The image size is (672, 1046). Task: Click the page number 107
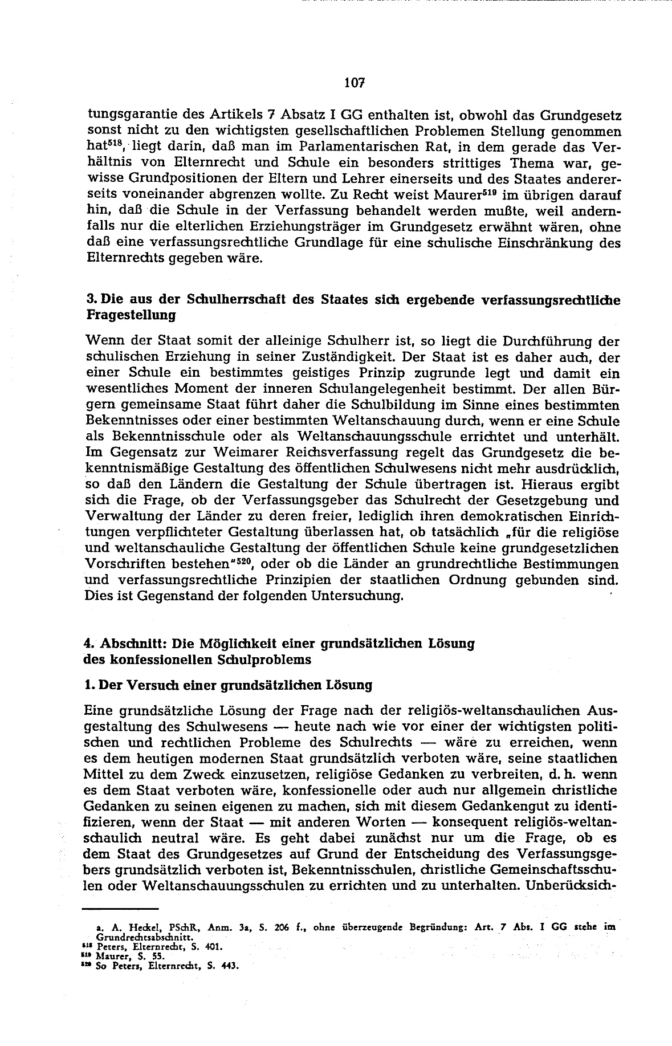click(354, 83)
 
